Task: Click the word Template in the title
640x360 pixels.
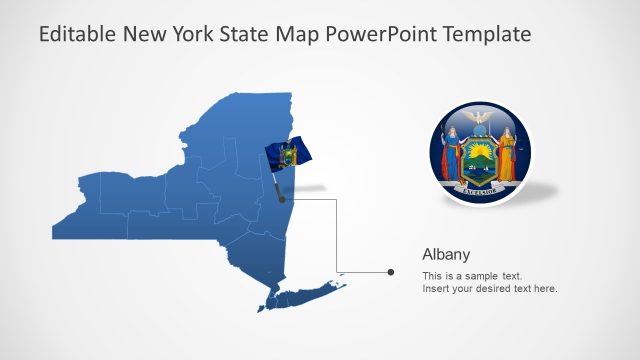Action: [487, 34]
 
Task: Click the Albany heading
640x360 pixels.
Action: [446, 254]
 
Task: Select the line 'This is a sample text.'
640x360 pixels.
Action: [472, 275]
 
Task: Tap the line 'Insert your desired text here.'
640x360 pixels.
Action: [489, 289]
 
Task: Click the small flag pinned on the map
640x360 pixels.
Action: [288, 155]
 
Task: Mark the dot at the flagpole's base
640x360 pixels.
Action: [283, 199]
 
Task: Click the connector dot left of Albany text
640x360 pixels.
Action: [390, 272]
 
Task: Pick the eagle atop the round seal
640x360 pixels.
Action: [480, 121]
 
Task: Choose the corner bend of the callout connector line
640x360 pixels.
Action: [336, 199]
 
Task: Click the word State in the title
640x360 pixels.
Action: [249, 34]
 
